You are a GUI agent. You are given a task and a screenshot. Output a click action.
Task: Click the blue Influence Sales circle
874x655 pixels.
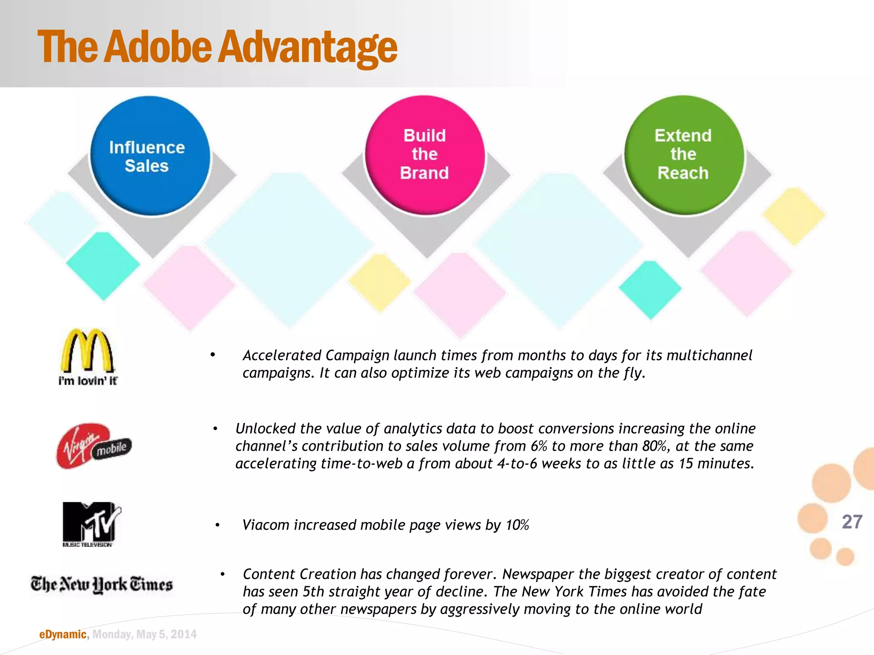tap(150, 156)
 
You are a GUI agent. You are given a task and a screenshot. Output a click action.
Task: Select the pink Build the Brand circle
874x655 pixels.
tap(425, 155)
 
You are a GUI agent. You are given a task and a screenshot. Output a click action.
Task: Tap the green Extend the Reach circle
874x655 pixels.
tap(684, 155)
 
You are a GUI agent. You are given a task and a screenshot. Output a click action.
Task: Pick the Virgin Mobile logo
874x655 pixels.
tap(93, 446)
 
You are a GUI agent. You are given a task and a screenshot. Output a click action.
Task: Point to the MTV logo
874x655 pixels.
tap(91, 524)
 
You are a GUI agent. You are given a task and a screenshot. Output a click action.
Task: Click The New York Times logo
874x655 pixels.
tap(102, 584)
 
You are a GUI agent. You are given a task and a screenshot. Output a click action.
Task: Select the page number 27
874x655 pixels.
tap(852, 522)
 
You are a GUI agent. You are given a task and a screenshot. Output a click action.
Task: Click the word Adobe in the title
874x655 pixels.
tap(158, 47)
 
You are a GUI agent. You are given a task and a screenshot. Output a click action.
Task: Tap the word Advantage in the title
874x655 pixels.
tap(308, 48)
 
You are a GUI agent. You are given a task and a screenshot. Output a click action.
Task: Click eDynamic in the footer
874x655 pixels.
tap(63, 635)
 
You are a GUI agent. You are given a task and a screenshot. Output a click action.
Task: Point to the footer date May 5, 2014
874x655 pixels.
tap(166, 635)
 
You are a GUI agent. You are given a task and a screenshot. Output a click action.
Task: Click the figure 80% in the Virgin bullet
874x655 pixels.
tap(655, 446)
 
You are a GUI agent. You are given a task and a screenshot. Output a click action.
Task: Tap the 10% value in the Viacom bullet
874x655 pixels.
tap(517, 525)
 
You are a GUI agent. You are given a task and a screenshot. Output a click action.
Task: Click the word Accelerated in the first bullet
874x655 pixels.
tap(282, 355)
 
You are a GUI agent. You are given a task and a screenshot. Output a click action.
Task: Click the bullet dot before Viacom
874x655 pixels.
tap(218, 525)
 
